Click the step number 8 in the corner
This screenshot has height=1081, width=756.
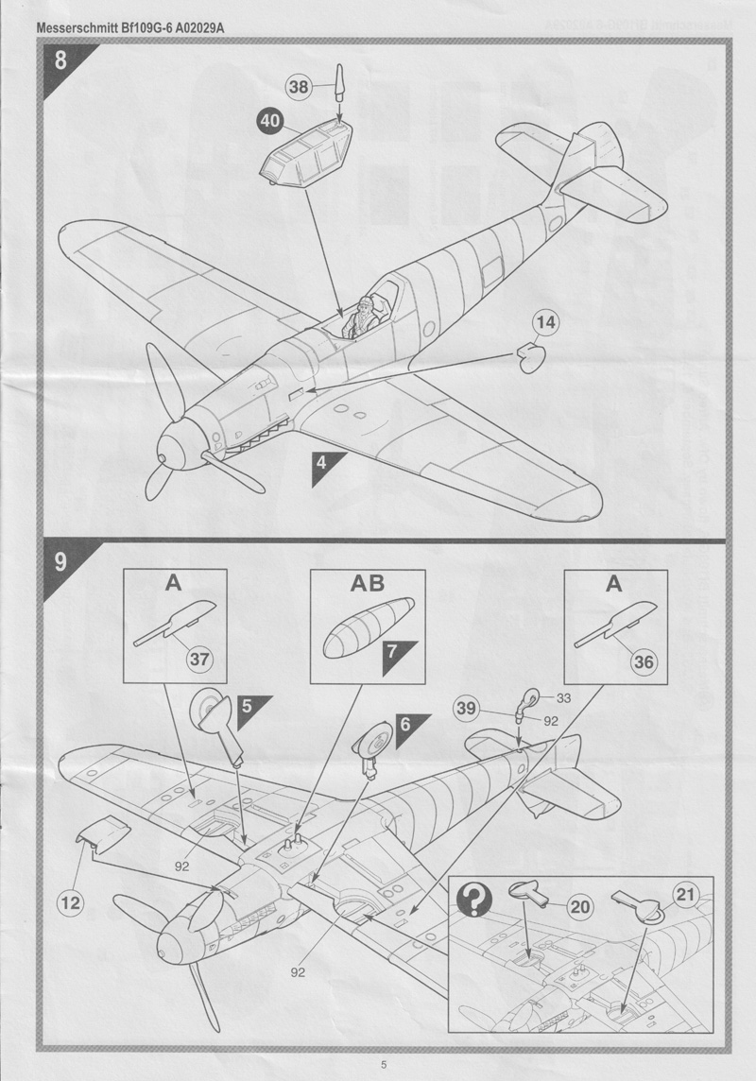[x=60, y=62]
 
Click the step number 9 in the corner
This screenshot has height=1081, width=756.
[x=60, y=562]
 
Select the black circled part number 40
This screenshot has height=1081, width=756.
[x=269, y=121]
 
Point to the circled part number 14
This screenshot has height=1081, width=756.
[x=545, y=324]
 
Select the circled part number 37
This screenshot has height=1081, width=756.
[x=198, y=659]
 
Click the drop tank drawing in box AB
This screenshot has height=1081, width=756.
[x=368, y=626]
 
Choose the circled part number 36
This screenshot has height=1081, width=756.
[x=643, y=661]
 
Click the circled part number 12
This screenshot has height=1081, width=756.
[x=70, y=902]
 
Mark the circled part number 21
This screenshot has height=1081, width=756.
[x=688, y=892]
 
